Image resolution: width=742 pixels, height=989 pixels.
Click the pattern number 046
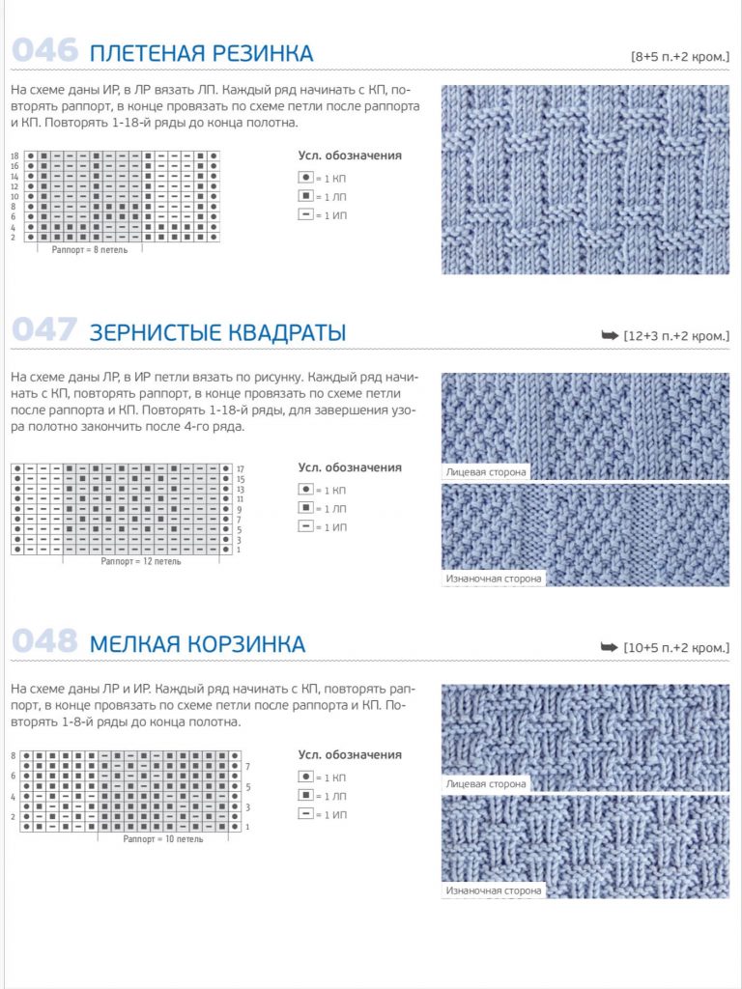(x=44, y=50)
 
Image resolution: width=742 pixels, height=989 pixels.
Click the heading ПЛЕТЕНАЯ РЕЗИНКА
(x=201, y=53)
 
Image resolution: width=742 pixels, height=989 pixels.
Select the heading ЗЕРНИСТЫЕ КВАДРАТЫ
(x=217, y=334)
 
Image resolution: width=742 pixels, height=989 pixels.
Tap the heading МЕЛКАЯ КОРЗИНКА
(x=197, y=644)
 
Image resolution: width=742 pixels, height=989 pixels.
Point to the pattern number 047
(x=44, y=331)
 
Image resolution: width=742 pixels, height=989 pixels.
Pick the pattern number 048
(x=44, y=641)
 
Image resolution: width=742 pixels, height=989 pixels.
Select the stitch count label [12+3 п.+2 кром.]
(x=676, y=336)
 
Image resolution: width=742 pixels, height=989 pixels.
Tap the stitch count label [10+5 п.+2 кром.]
(x=676, y=647)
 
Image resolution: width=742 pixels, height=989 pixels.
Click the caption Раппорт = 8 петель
(x=91, y=250)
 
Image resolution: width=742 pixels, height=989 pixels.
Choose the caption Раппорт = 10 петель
(x=163, y=839)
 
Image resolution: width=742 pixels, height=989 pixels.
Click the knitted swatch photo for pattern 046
(x=585, y=180)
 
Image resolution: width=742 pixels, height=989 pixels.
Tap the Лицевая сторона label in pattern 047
(x=487, y=472)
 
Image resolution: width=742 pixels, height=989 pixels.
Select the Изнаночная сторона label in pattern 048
(x=494, y=890)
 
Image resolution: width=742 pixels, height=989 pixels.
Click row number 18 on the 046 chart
(x=14, y=155)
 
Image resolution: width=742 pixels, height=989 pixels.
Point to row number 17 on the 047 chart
(x=240, y=468)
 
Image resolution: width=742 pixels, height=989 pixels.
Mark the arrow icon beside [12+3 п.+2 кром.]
(x=610, y=335)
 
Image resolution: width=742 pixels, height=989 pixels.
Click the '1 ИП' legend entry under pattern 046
(x=323, y=214)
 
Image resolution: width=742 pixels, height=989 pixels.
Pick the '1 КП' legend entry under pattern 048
(x=323, y=777)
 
